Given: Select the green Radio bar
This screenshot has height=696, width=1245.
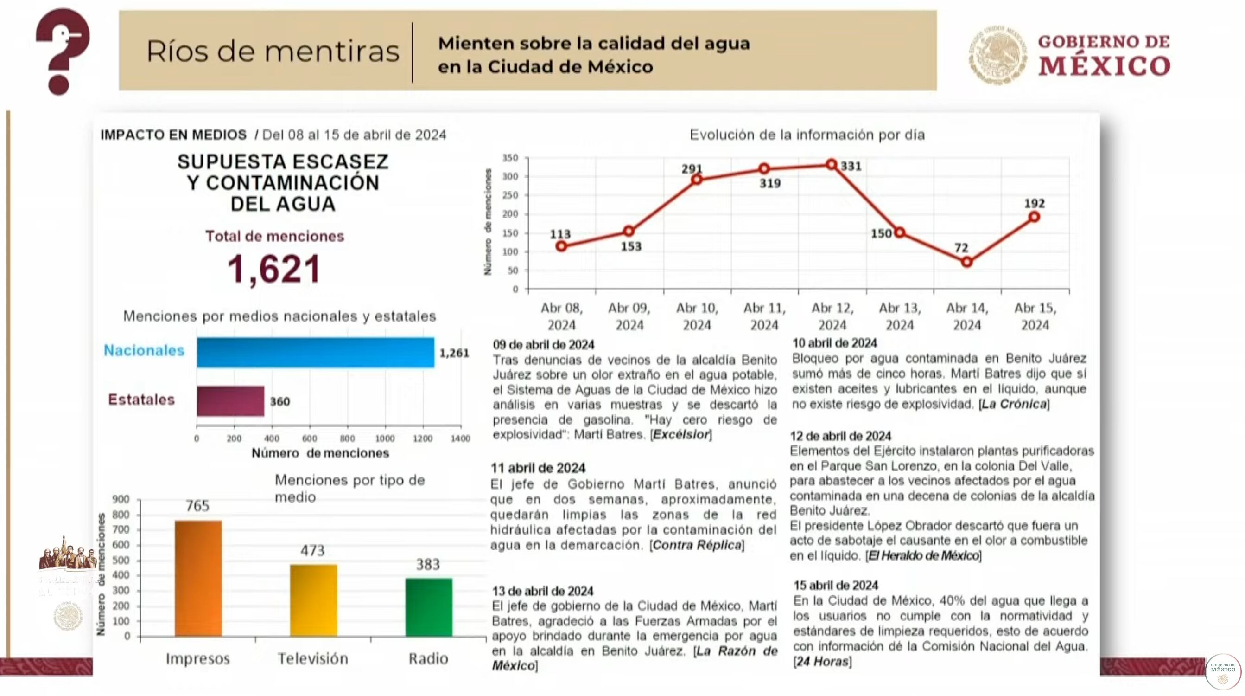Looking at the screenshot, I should click(x=429, y=607).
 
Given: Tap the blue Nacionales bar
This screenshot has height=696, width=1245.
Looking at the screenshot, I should click(x=315, y=353).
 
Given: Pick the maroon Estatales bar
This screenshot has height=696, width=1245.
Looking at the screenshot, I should click(x=230, y=401).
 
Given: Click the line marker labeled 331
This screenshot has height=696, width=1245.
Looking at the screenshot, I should click(x=831, y=164).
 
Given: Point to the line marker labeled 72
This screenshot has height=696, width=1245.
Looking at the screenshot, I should click(x=966, y=262).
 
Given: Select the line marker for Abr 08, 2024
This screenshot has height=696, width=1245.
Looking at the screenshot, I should click(x=561, y=246).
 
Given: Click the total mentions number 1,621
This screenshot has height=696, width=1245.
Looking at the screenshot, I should click(x=274, y=270).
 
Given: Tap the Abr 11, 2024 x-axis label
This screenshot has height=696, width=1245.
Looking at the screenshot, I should click(x=764, y=316).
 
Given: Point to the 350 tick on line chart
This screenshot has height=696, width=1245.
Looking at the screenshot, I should click(x=510, y=158).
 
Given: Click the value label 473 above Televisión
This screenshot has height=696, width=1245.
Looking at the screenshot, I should click(x=313, y=550).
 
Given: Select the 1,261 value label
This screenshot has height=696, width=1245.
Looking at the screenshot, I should click(x=454, y=353).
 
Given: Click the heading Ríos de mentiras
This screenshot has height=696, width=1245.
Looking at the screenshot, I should click(x=273, y=51).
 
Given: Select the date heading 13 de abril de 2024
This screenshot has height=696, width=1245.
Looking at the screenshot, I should click(x=542, y=591).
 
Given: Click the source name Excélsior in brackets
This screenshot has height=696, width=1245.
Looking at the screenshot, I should click(x=680, y=434).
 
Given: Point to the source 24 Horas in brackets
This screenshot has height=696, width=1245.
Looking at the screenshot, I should click(x=822, y=661).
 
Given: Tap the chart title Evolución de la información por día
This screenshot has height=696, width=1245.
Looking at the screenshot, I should click(x=807, y=135).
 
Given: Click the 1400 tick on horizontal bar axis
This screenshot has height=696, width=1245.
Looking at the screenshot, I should click(x=460, y=438).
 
